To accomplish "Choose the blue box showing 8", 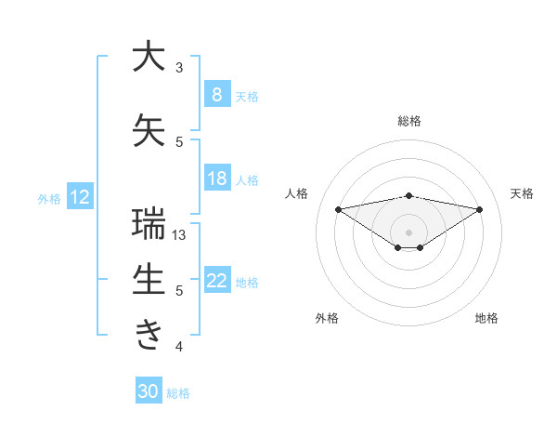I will [x=216, y=94].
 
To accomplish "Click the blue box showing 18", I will [x=216, y=179].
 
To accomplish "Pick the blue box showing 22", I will [x=216, y=281].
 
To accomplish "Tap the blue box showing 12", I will [x=79, y=197].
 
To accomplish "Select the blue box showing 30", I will [x=148, y=391].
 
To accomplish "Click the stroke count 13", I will [x=180, y=235].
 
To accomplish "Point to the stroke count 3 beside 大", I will [x=179, y=67].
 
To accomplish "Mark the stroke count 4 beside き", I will [x=179, y=347].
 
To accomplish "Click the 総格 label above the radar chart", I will [x=408, y=121].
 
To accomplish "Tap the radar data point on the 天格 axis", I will [x=480, y=209].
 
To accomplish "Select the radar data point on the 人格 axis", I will [x=338, y=208].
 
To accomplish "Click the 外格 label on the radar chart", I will [x=327, y=318].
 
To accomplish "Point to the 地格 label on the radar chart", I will [x=486, y=318].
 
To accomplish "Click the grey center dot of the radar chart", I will [x=408, y=232].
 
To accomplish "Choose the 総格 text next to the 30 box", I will [x=178, y=393].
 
